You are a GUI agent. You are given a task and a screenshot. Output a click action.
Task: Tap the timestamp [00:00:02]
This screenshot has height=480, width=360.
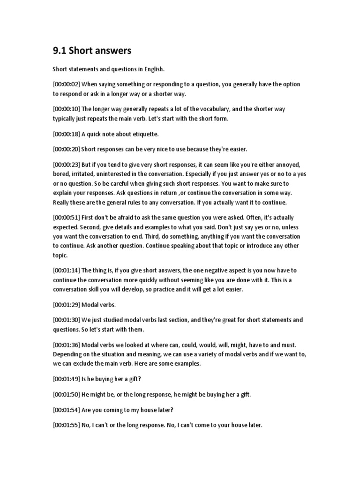click(66, 84)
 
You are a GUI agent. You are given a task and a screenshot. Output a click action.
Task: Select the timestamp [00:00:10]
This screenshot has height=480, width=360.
click(66, 109)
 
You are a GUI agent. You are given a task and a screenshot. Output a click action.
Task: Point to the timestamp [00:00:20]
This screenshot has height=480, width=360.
click(66, 149)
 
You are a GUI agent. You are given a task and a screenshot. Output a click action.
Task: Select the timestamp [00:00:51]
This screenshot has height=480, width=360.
click(66, 217)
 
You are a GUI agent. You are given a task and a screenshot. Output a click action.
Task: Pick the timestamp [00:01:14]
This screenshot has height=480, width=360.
click(66, 270)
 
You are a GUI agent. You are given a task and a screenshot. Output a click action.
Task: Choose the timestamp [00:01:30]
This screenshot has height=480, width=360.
click(66, 320)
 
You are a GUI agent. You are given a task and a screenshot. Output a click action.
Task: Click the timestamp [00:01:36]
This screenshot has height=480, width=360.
click(66, 345)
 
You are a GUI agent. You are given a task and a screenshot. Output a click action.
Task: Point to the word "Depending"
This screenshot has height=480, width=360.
click(67, 354)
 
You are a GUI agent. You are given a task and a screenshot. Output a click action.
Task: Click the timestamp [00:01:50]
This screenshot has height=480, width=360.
click(66, 394)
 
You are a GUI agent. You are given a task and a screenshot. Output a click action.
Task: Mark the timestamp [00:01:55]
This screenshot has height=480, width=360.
click(66, 425)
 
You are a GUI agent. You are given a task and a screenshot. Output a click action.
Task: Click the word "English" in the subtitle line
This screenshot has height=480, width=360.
click(154, 68)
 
